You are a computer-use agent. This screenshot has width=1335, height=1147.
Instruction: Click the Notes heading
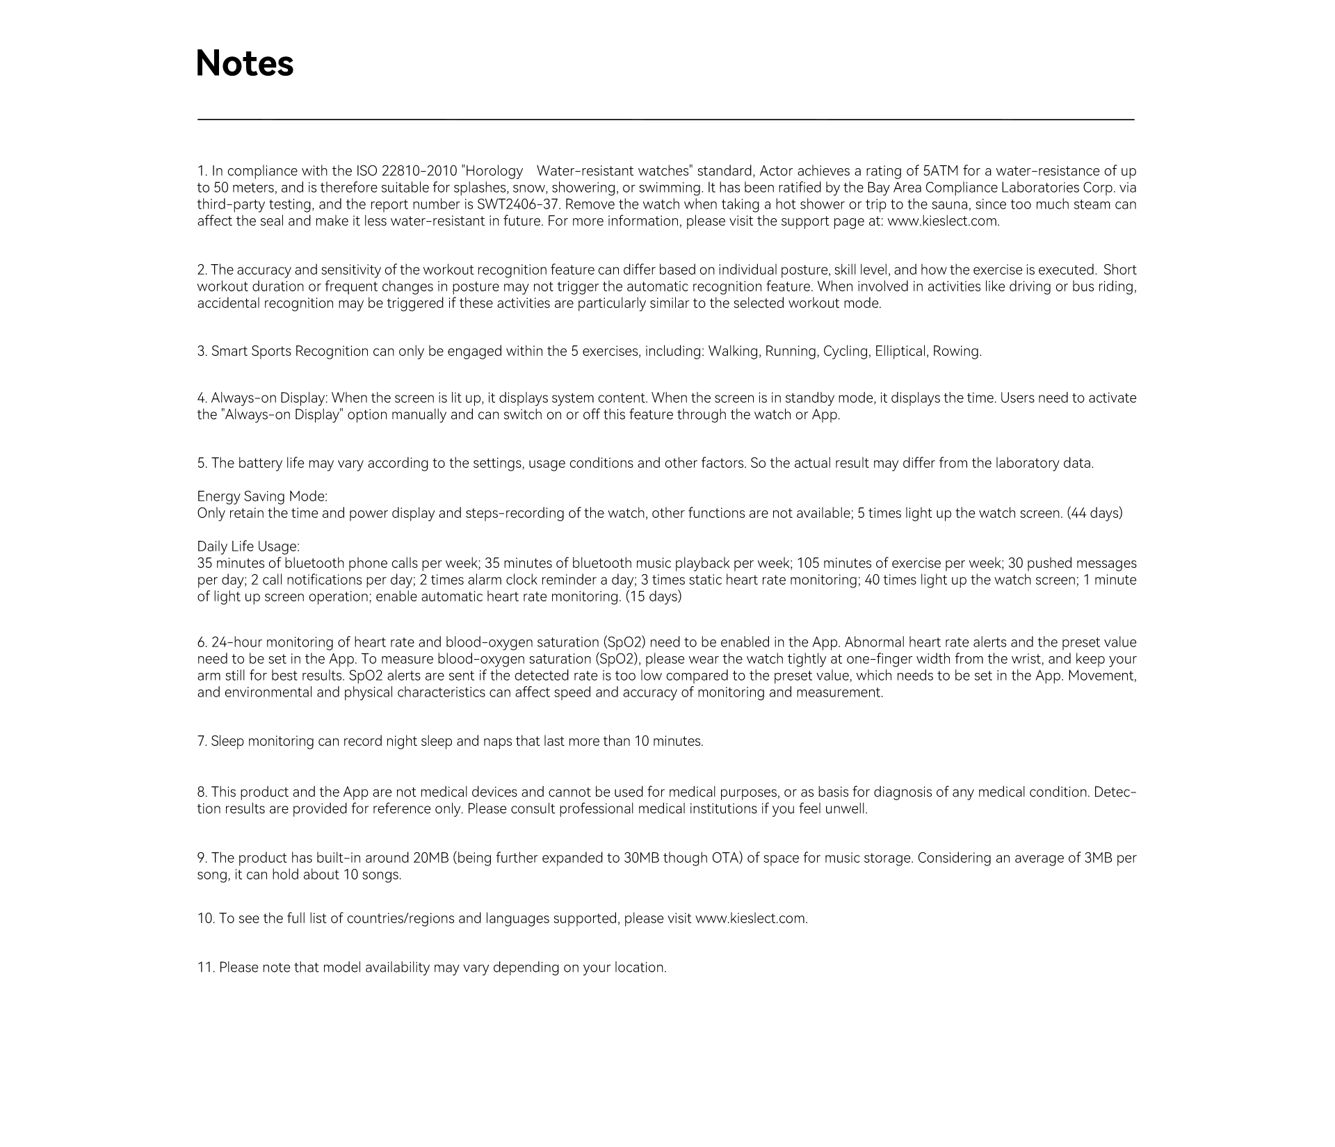click(245, 63)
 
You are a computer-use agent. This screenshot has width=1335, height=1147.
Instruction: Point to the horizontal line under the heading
click(665, 120)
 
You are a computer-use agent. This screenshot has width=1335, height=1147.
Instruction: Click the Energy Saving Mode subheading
click(262, 496)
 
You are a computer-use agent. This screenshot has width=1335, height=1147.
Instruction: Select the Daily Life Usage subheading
click(248, 546)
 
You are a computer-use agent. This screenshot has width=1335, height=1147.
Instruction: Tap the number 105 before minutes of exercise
click(807, 563)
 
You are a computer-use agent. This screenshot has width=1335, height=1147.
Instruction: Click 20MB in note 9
click(430, 858)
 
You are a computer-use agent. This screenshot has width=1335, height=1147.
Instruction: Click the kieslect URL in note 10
click(751, 918)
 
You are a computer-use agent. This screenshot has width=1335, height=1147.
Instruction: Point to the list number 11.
click(206, 968)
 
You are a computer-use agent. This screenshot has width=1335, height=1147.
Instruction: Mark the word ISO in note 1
click(367, 171)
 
